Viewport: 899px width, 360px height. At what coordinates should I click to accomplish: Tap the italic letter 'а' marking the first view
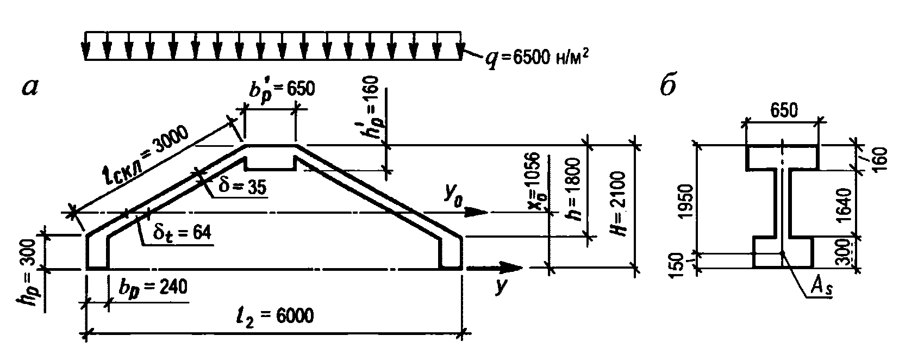30,88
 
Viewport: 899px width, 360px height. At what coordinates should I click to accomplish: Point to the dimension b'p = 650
282,91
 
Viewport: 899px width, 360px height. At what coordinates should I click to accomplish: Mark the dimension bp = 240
153,288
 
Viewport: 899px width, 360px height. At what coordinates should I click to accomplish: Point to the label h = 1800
572,189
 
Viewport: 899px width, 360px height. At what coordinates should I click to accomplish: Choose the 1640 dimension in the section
844,204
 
